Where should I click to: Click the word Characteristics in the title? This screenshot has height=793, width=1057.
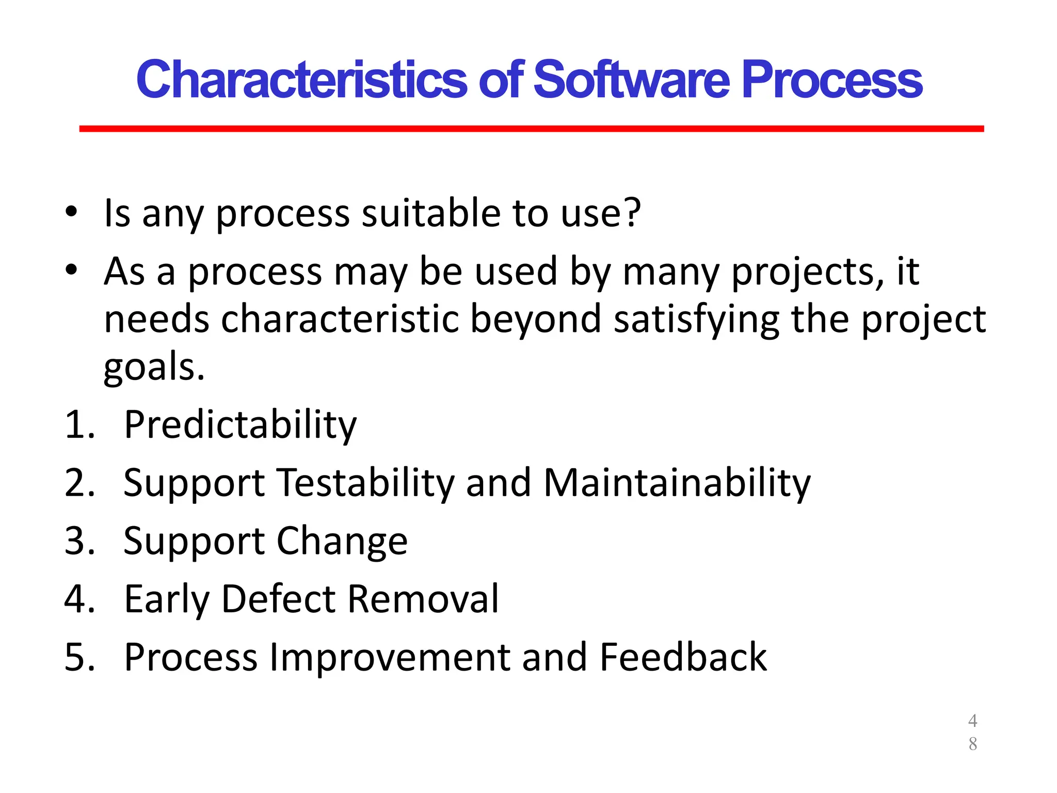tap(302, 80)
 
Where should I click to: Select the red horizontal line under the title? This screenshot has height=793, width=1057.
tap(531, 129)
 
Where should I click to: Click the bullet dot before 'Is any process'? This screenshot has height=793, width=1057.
tap(71, 212)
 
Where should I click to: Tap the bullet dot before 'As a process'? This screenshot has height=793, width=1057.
tap(71, 269)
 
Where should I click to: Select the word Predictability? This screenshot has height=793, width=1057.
tap(240, 425)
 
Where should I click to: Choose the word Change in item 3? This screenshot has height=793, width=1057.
tap(342, 542)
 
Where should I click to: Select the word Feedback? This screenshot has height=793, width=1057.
tap(683, 657)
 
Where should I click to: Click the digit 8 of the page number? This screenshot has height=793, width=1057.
tap(972, 744)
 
